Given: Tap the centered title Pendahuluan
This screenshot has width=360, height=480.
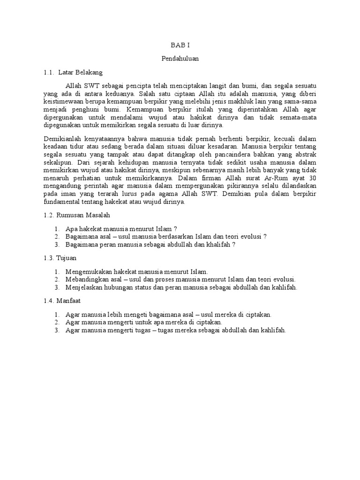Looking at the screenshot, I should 180,59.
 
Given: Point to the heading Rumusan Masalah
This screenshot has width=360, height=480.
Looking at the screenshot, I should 83,215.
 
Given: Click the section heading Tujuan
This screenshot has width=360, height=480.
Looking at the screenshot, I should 67,258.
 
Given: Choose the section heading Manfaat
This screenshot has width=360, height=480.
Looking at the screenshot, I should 70,301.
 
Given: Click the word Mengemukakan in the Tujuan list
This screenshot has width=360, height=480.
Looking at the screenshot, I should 89,272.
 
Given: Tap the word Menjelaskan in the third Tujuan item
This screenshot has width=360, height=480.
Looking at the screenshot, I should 85,287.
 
